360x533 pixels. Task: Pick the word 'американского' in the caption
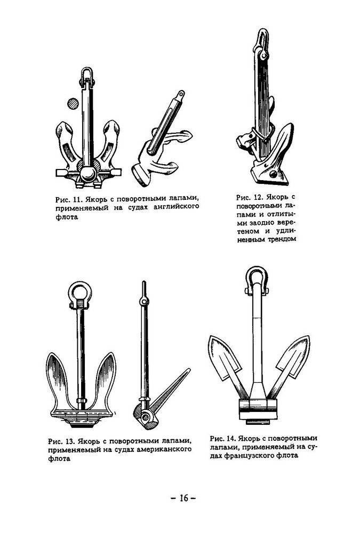(x=166, y=450)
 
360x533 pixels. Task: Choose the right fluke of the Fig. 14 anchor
(x=292, y=358)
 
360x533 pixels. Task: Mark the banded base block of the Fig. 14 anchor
(x=257, y=409)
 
